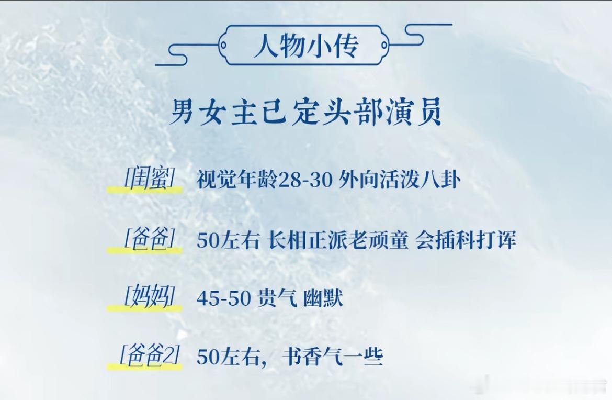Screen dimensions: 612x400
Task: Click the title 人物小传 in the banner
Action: [305, 46]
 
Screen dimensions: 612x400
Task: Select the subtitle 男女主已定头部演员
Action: [307, 112]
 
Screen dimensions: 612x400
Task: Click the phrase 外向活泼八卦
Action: [399, 180]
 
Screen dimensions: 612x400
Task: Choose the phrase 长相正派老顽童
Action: [338, 240]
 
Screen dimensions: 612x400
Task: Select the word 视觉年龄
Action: [236, 180]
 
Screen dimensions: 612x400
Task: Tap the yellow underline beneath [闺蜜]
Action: [145, 190]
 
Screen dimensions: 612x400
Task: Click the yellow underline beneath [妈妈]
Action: [145, 308]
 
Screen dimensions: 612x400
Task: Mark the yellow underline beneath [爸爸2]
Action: [145, 366]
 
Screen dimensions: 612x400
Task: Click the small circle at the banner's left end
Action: [223, 45]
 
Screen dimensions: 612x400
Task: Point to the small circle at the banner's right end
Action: [384, 45]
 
